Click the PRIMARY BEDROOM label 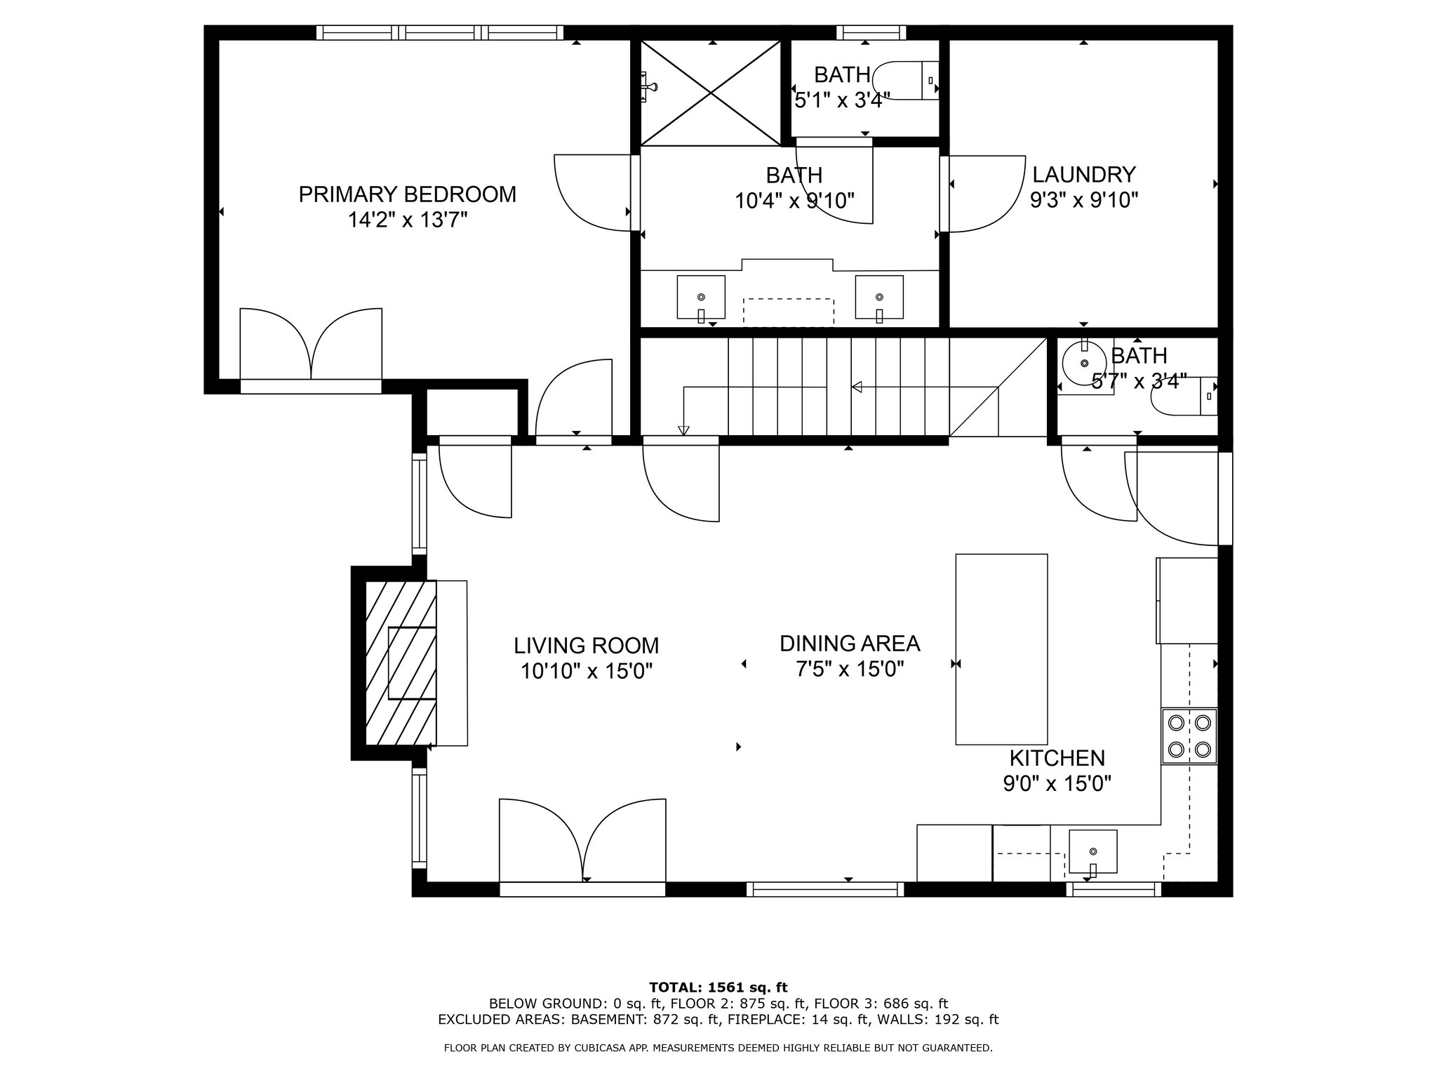click(407, 194)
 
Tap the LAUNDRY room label click(1084, 174)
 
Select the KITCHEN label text click(1057, 758)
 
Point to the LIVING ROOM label click(587, 645)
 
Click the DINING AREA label click(850, 643)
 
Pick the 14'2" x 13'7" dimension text click(408, 220)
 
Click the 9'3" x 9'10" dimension click(1084, 201)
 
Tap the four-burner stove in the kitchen click(1189, 736)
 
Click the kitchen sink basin click(1092, 851)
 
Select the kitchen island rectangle click(1002, 649)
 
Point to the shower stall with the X click(711, 93)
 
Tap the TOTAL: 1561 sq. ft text click(718, 987)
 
